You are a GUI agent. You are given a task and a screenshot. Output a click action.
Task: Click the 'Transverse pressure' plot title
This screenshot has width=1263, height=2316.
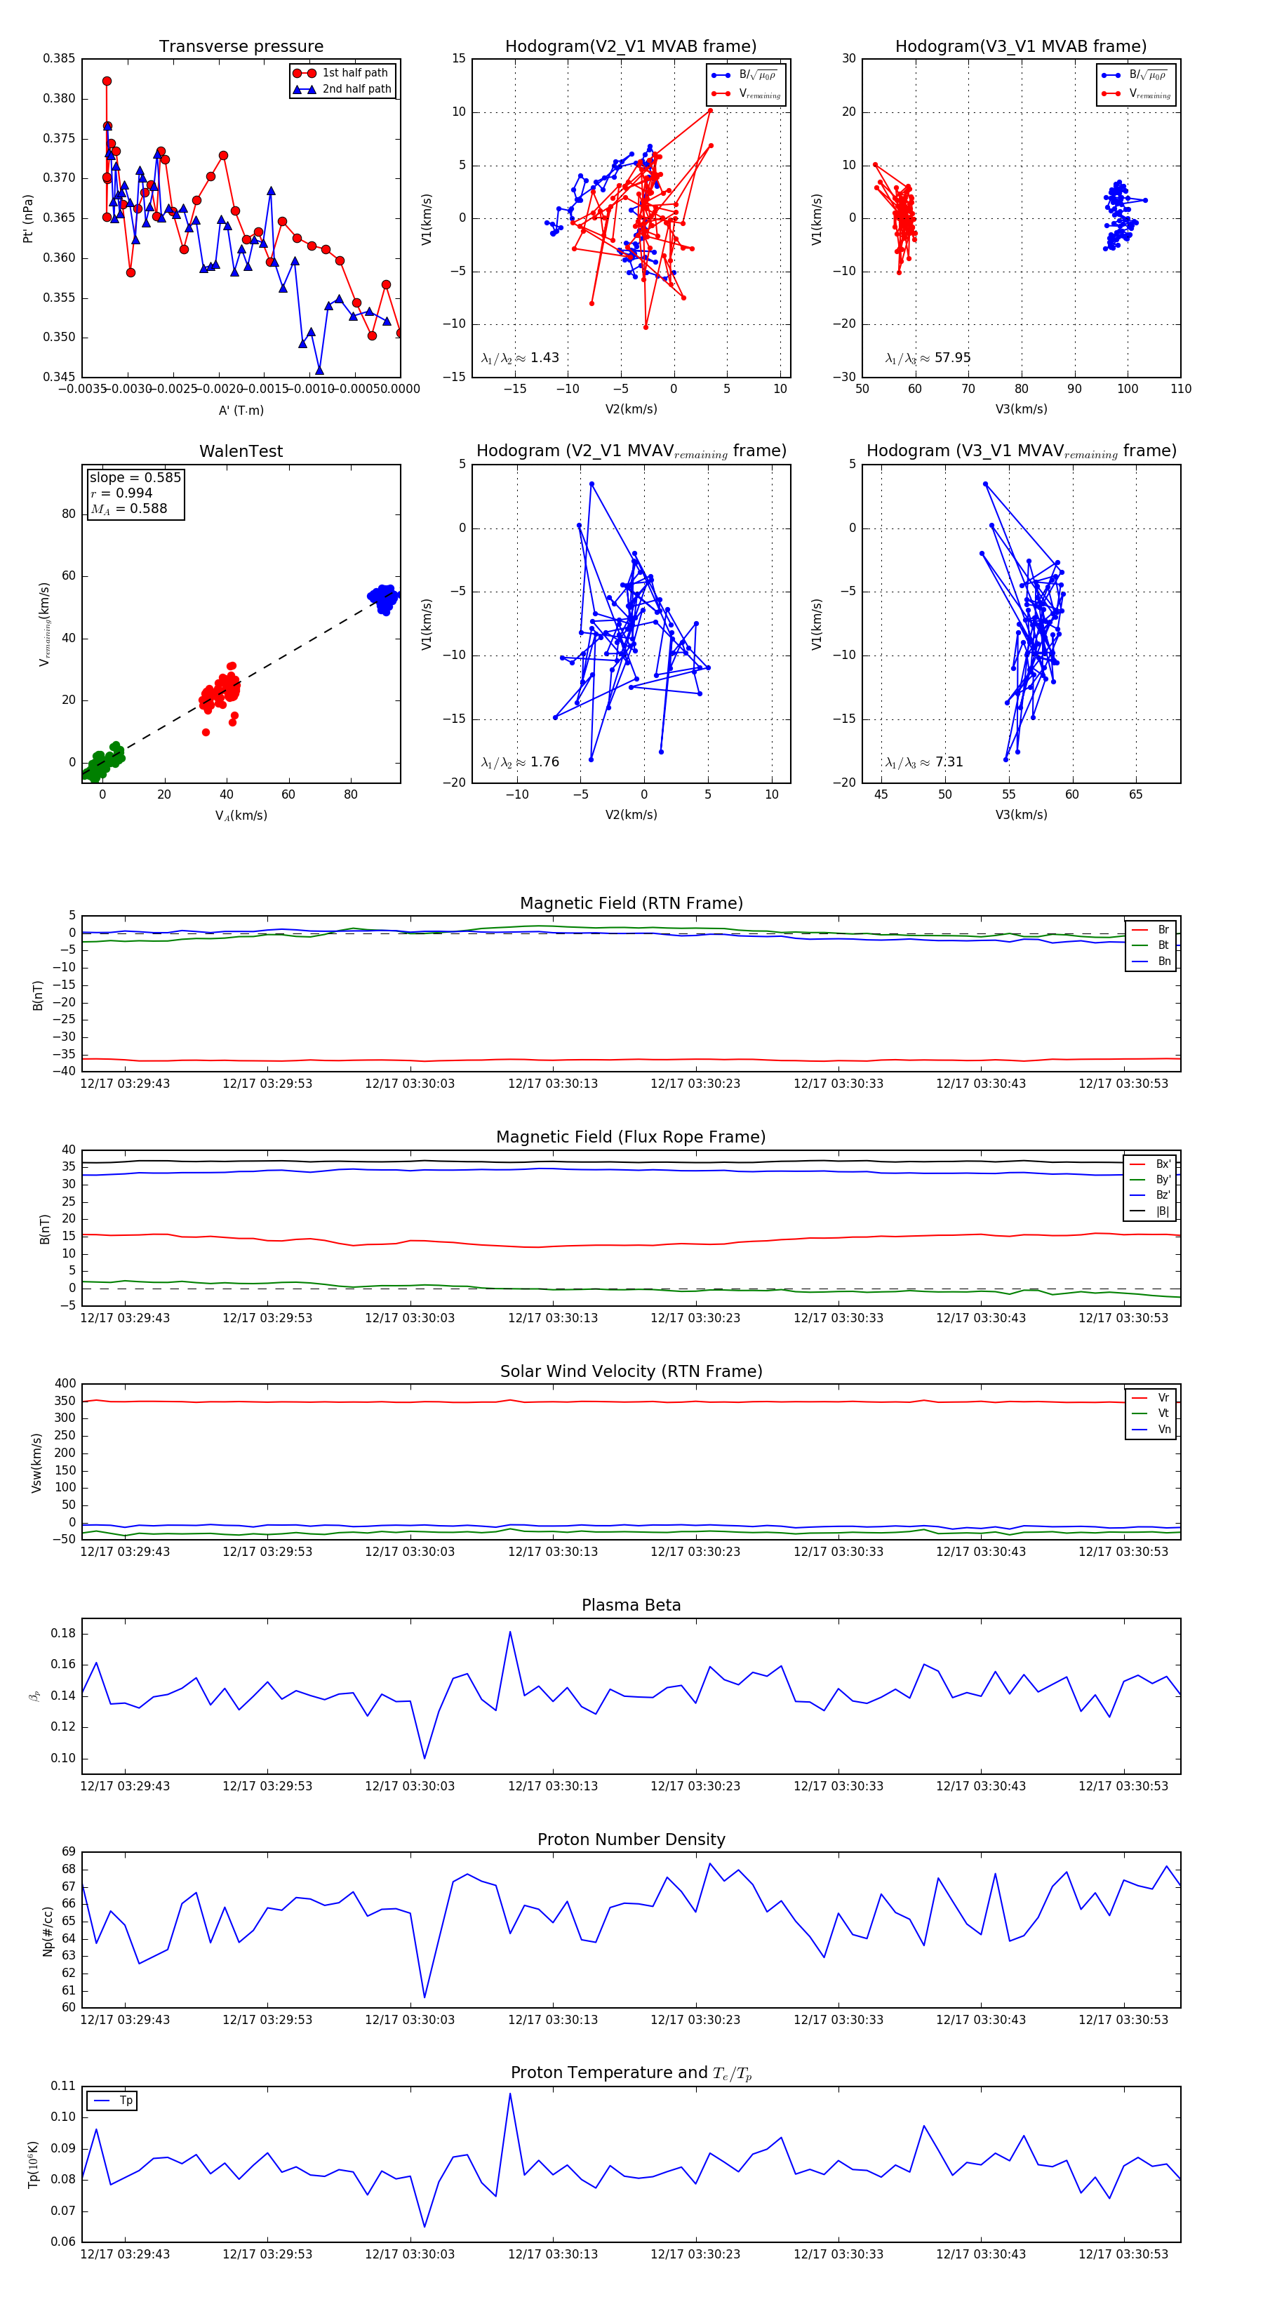tap(241, 47)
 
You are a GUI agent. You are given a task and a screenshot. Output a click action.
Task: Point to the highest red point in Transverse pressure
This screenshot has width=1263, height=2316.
tap(107, 81)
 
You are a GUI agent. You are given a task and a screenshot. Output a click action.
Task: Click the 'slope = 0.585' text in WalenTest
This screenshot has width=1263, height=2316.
tap(135, 477)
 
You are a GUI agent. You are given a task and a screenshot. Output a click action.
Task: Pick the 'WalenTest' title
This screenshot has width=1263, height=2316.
tap(241, 451)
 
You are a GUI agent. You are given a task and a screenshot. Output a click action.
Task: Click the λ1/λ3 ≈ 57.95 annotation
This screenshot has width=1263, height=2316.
tap(928, 358)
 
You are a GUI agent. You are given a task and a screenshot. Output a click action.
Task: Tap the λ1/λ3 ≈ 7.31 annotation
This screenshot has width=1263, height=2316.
tap(924, 762)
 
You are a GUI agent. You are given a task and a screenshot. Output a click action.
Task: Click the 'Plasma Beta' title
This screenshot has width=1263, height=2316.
tap(631, 1605)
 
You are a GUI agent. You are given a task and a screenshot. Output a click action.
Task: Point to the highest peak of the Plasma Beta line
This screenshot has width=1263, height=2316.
tap(509, 1632)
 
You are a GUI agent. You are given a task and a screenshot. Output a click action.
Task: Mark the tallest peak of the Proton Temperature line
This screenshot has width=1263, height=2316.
tap(509, 2094)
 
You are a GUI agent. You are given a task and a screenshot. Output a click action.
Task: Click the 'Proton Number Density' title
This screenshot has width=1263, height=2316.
tap(631, 1839)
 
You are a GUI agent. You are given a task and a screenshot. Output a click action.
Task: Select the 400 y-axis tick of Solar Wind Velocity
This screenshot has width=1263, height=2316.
tap(65, 1384)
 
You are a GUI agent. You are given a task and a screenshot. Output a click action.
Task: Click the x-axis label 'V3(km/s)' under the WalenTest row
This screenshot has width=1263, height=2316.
tap(1020, 815)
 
